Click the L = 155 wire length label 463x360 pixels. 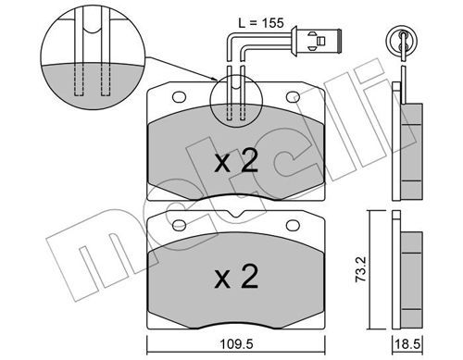point(261,22)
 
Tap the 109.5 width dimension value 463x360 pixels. point(236,344)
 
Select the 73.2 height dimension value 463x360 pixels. point(360,268)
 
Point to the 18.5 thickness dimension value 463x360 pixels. point(407,344)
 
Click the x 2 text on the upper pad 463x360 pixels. point(236,161)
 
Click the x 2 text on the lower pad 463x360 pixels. point(236,277)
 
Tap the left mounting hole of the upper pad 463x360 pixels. point(179,97)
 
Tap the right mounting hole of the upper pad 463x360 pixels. point(293,97)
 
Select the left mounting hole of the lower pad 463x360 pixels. point(179,225)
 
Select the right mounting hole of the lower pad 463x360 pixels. point(293,225)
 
